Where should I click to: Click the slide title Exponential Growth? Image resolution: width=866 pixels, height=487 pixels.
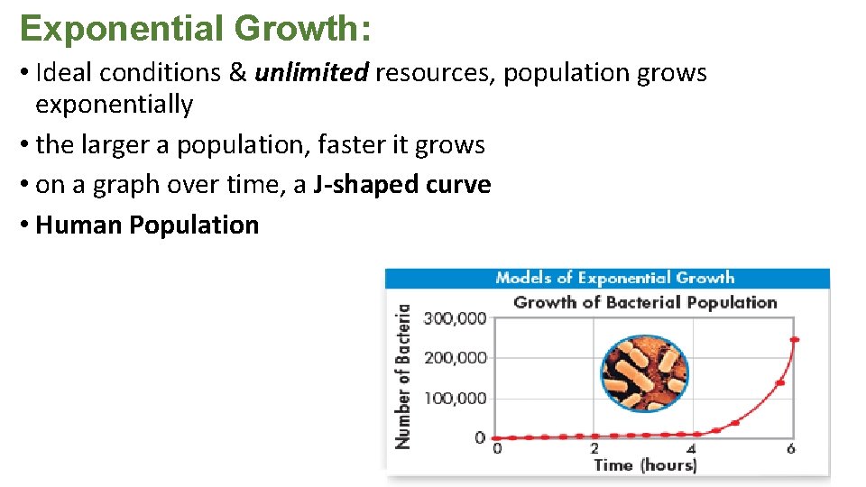[x=195, y=28]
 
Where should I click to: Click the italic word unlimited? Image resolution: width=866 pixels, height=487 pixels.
[x=311, y=73]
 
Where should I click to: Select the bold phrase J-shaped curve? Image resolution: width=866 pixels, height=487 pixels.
[x=402, y=185]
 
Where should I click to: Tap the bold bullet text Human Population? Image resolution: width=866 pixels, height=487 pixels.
[x=147, y=225]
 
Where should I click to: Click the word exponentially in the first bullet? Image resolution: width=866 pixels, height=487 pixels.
[x=114, y=106]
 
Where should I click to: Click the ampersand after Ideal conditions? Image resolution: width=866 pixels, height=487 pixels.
[x=238, y=73]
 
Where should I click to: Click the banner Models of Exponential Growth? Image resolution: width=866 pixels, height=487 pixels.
[x=614, y=278]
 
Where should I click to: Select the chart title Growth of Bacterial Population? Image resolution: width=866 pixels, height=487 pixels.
[x=644, y=302]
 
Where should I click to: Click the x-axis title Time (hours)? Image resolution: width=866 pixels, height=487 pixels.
[x=644, y=465]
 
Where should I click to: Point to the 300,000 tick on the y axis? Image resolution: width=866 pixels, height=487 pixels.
[x=455, y=317]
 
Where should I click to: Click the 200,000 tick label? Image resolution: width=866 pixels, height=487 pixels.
[x=455, y=358]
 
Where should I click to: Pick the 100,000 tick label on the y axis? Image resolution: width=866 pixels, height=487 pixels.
[x=455, y=399]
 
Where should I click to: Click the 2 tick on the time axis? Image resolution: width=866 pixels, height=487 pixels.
[x=594, y=449]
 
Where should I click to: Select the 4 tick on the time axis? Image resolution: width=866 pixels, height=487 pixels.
[x=692, y=449]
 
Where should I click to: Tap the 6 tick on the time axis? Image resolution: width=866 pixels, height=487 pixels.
[x=791, y=449]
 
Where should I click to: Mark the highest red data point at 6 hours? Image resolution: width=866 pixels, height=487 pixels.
[x=794, y=340]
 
